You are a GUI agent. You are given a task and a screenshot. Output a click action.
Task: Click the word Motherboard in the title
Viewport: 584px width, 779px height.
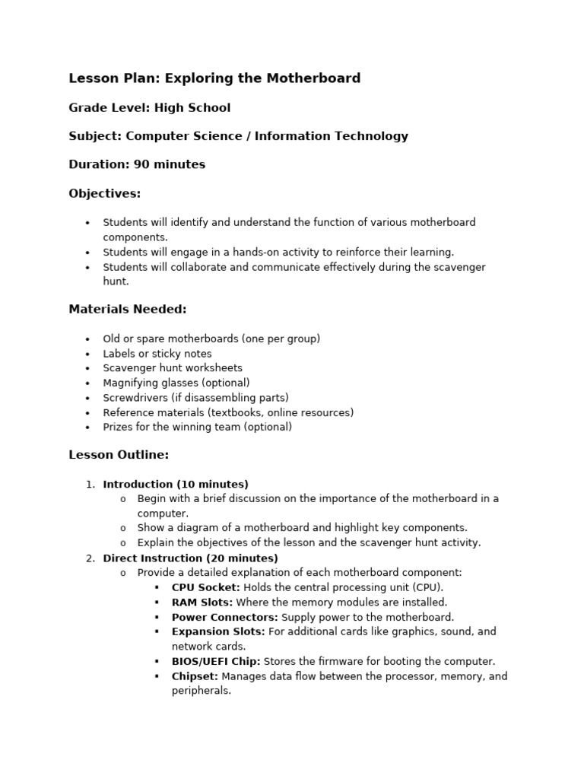(315, 78)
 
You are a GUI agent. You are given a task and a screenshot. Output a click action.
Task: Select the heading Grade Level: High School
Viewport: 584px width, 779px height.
(149, 108)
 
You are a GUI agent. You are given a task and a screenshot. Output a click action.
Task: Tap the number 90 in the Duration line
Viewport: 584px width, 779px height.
(142, 165)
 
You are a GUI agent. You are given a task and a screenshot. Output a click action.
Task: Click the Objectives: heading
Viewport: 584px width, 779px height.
(105, 194)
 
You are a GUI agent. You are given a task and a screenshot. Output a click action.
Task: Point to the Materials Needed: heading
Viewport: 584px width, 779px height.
(127, 310)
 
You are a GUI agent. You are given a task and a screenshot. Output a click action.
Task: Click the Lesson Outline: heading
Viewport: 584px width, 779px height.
(119, 456)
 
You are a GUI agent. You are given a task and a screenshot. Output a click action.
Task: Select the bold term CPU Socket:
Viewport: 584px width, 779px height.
(205, 588)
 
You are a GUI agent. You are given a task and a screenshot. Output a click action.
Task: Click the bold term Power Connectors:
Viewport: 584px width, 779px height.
(224, 618)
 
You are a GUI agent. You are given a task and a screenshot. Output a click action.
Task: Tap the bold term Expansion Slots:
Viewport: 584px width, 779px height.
(218, 632)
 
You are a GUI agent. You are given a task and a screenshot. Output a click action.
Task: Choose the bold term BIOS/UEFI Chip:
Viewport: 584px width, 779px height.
(216, 662)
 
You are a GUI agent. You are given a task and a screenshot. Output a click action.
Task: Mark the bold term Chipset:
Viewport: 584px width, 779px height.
(195, 676)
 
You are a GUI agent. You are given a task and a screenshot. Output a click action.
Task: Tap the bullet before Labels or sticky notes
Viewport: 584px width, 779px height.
(87, 355)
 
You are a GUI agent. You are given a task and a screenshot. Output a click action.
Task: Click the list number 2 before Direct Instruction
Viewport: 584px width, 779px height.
(90, 558)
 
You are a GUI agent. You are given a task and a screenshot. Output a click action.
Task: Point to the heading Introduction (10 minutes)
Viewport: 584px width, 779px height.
(176, 485)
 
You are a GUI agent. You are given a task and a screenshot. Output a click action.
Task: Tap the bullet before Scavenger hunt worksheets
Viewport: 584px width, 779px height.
(87, 369)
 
